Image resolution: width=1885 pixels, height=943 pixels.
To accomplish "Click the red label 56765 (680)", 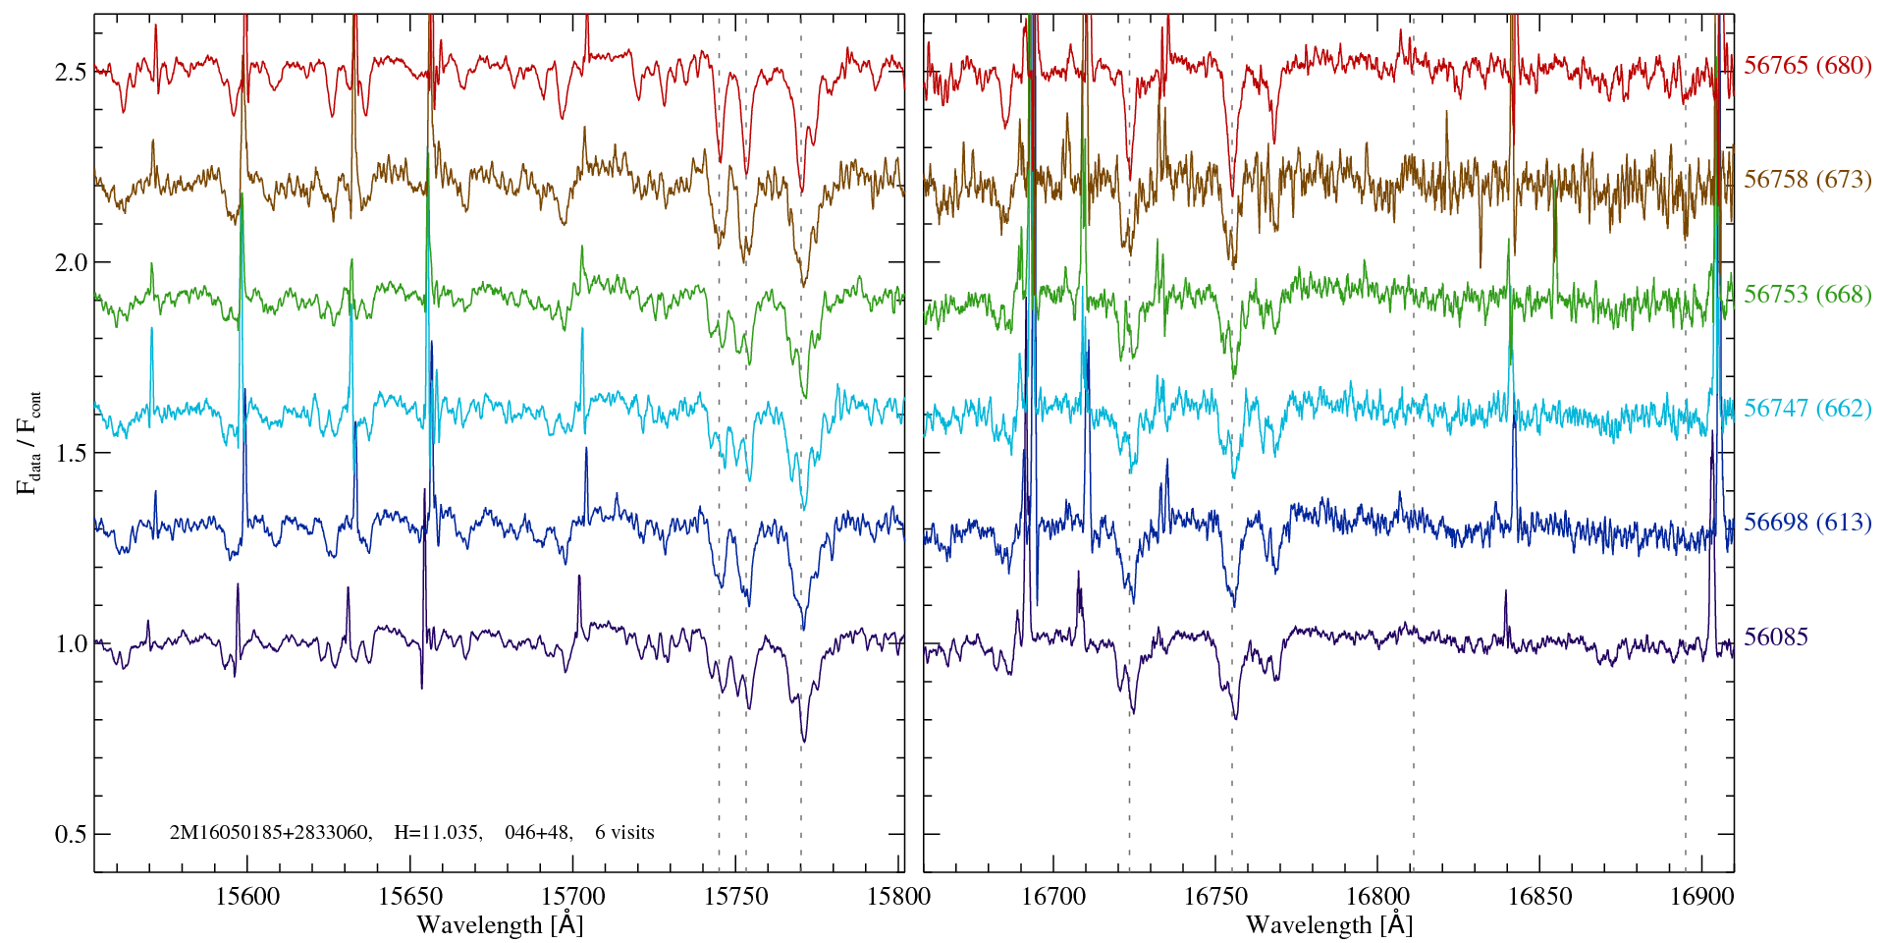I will tap(1807, 66).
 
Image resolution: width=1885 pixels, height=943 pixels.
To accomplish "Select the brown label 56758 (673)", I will tap(1807, 180).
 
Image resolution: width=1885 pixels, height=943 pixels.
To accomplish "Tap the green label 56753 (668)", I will tap(1807, 295).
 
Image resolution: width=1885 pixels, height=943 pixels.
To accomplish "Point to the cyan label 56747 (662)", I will tap(1807, 409).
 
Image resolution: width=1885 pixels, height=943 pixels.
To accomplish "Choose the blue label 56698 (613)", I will tap(1807, 523).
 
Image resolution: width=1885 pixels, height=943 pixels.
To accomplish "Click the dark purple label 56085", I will tap(1776, 638).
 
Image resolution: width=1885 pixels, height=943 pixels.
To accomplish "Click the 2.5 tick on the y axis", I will tap(70, 73).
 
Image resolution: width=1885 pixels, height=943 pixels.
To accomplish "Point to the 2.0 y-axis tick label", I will tap(70, 263).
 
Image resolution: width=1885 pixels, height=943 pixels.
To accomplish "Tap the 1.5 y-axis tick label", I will tap(70, 454).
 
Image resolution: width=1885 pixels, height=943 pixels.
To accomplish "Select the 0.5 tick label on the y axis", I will tap(70, 835).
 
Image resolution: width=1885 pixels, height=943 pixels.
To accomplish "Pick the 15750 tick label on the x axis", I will tap(736, 897).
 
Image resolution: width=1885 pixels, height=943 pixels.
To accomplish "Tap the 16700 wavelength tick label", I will tap(1053, 897).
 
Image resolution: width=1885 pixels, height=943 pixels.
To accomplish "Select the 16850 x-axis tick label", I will tap(1538, 897).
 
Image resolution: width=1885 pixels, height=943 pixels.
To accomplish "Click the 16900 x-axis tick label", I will tap(1700, 897).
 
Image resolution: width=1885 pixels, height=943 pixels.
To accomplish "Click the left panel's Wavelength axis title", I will tap(500, 925).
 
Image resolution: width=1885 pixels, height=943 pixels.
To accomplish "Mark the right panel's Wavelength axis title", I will tap(1328, 925).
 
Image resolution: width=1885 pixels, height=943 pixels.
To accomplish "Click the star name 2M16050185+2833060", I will tap(270, 833).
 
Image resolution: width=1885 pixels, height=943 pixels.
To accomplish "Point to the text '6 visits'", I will tap(624, 833).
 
